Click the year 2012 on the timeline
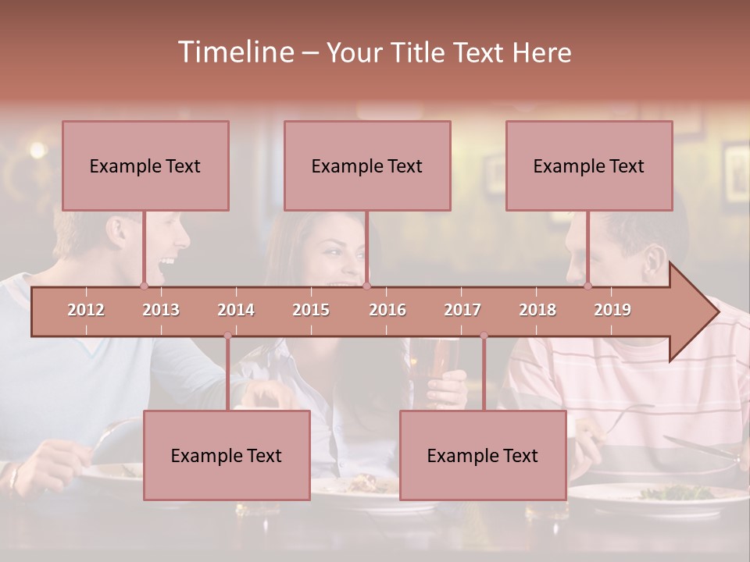click(x=86, y=310)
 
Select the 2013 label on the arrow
click(x=161, y=310)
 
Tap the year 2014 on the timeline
click(x=236, y=310)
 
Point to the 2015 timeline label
click(x=311, y=310)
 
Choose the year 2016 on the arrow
click(x=387, y=310)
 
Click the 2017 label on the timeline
click(x=462, y=310)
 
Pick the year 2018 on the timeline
click(x=537, y=310)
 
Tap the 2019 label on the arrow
click(x=612, y=310)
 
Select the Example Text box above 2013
click(x=145, y=165)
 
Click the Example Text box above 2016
click(x=367, y=165)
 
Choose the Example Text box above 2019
click(x=589, y=165)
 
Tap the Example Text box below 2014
click(x=227, y=455)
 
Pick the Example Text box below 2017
click(x=483, y=455)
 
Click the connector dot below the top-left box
click(x=144, y=286)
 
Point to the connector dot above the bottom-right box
click(x=484, y=336)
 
